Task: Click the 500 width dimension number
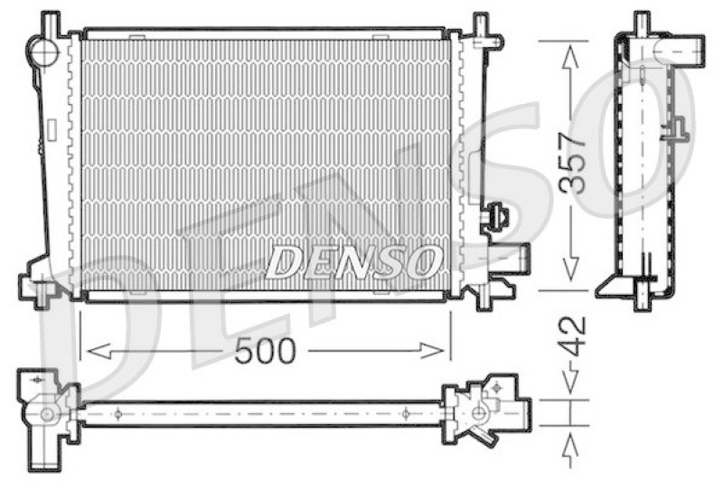click(264, 351)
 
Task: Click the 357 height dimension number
click(572, 163)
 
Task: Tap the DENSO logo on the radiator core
click(352, 261)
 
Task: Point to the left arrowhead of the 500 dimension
click(99, 351)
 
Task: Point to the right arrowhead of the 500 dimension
click(432, 351)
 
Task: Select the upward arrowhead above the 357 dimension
click(571, 58)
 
